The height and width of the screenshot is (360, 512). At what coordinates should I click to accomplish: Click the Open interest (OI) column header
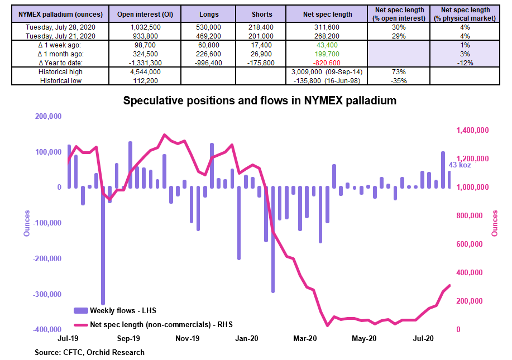pyautogui.click(x=145, y=15)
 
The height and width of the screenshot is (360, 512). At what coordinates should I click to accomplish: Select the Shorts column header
pyautogui.click(x=262, y=15)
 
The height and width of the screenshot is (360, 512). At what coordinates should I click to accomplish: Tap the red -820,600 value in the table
pyautogui.click(x=327, y=63)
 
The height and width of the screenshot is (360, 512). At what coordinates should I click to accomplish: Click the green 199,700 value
pyautogui.click(x=327, y=54)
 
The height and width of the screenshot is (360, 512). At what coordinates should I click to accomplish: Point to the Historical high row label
pyautogui.click(x=60, y=72)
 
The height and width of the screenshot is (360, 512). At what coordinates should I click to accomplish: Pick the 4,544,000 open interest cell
pyautogui.click(x=145, y=72)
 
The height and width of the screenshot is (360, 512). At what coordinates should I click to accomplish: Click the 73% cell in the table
pyautogui.click(x=399, y=72)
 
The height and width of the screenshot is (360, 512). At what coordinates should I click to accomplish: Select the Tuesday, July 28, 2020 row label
pyautogui.click(x=60, y=27)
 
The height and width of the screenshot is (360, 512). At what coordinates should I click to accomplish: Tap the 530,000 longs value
pyautogui.click(x=208, y=27)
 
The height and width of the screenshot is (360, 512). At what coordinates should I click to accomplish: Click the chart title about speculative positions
pyautogui.click(x=260, y=100)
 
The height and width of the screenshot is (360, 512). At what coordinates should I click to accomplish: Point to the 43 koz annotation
pyautogui.click(x=460, y=165)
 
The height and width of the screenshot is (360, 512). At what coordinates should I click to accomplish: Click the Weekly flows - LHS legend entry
pyautogui.click(x=115, y=310)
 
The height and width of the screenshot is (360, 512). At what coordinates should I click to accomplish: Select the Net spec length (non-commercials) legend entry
pyautogui.click(x=153, y=325)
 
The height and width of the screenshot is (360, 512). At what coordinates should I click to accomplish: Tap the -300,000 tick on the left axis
pyautogui.click(x=47, y=294)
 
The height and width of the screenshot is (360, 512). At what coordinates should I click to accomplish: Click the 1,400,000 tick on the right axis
pyautogui.click(x=472, y=130)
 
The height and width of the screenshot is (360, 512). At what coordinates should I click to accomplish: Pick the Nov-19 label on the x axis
pyautogui.click(x=188, y=338)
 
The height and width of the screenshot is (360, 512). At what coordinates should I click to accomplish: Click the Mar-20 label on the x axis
pyautogui.click(x=305, y=338)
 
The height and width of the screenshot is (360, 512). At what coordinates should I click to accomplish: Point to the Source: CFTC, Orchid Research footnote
pyautogui.click(x=89, y=353)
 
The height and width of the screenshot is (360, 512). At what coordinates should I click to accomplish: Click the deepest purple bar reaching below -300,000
pyautogui.click(x=103, y=246)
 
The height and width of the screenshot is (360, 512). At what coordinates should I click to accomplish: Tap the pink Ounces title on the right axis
pyautogui.click(x=495, y=223)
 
